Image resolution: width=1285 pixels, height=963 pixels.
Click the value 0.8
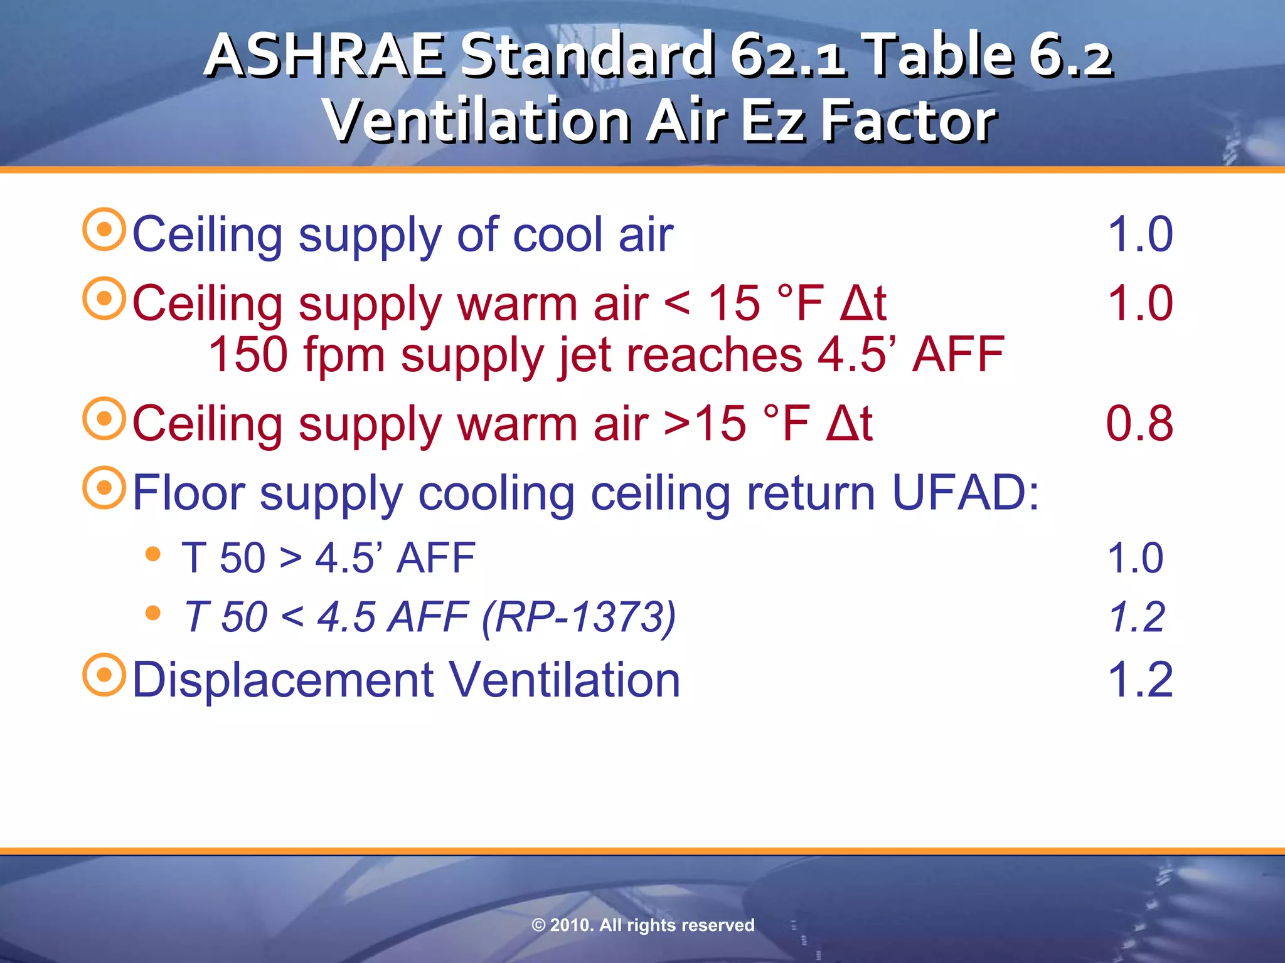pyautogui.click(x=1139, y=423)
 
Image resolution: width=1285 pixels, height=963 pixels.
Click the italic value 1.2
pyautogui.click(x=1136, y=616)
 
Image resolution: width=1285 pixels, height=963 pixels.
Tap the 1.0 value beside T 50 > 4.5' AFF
pyautogui.click(x=1135, y=557)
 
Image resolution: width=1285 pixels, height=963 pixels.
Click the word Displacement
pyautogui.click(x=283, y=680)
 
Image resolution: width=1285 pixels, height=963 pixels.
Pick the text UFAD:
pyautogui.click(x=965, y=493)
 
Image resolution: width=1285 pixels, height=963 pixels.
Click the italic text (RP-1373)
pyautogui.click(x=579, y=617)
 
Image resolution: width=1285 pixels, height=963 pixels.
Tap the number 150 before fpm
pyautogui.click(x=248, y=355)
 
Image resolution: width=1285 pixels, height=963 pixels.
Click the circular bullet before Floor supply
pyautogui.click(x=104, y=488)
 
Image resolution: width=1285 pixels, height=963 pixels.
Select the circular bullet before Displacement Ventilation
pyautogui.click(x=104, y=675)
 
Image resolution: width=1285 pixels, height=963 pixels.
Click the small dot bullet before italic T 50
pyautogui.click(x=152, y=613)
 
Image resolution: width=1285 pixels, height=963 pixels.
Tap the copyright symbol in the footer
pyautogui.click(x=538, y=925)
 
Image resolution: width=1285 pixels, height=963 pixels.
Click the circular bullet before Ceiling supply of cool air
pyautogui.click(x=104, y=230)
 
